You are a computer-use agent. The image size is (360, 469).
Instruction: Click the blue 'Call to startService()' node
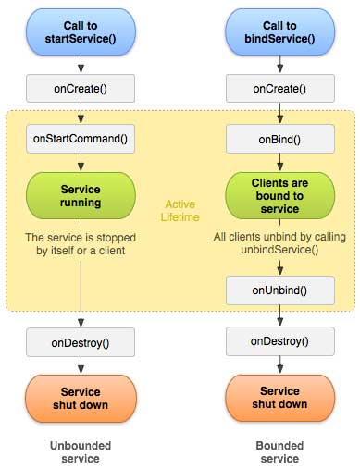point(81,32)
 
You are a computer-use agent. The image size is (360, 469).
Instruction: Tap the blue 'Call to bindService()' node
point(279,32)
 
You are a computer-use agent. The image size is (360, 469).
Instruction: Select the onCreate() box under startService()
point(81,89)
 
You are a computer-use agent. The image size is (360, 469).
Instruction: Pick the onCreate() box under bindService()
point(280,89)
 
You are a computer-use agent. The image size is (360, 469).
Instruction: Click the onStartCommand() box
point(81,139)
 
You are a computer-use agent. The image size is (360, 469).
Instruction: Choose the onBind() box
point(280,139)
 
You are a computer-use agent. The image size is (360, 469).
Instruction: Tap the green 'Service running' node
point(81,196)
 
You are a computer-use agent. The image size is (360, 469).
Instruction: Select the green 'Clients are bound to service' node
point(279,196)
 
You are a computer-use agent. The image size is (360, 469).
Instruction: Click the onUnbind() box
point(280,290)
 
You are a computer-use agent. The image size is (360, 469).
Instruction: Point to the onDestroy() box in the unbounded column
point(81,342)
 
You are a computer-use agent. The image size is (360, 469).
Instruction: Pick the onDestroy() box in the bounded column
point(280,341)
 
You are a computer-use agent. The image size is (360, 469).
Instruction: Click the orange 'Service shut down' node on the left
point(81,399)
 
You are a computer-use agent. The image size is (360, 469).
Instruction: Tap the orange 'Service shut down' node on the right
point(279,398)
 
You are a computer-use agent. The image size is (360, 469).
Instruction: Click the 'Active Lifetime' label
point(180,211)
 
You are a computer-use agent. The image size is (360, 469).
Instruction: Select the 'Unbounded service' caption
point(81,452)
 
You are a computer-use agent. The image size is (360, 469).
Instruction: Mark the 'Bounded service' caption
point(279,452)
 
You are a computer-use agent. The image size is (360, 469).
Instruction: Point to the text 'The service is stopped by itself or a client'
point(81,244)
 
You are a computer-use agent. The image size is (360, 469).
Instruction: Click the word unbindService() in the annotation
point(279,250)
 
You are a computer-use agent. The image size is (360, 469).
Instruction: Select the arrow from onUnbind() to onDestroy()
point(280,315)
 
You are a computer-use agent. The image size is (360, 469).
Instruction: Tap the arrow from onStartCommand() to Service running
point(81,162)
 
